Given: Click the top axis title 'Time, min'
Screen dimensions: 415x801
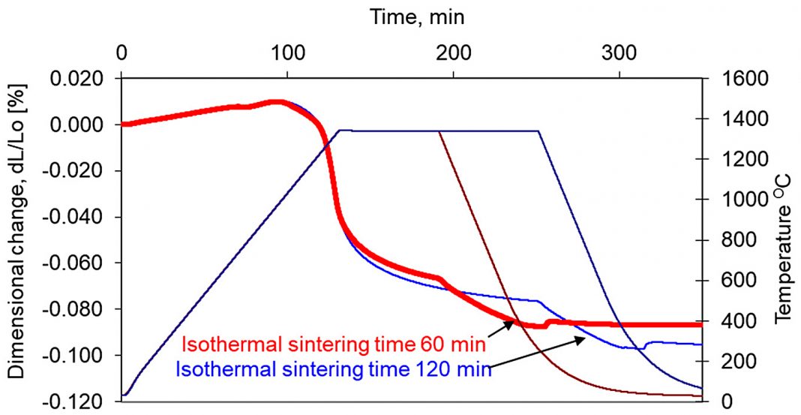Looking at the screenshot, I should (x=421, y=17).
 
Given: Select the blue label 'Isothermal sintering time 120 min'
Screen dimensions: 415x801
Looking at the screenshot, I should (x=333, y=368).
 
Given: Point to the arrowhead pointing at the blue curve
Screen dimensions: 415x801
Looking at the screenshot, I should (x=583, y=339).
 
